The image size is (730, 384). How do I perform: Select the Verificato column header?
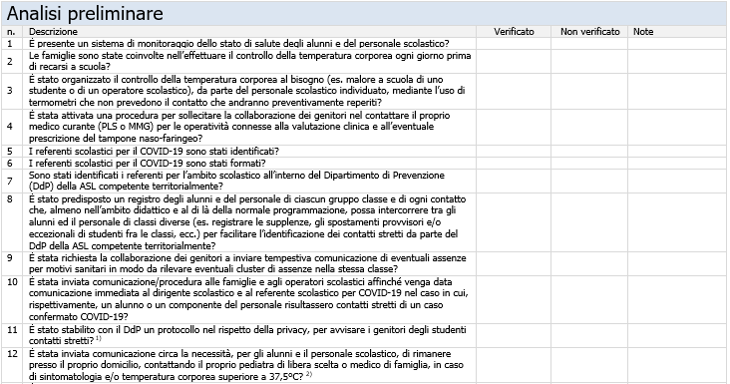tap(515, 32)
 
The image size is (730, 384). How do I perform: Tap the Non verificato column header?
tap(588, 32)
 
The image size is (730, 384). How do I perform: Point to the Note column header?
tap(643, 32)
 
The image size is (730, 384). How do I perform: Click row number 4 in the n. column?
tap(10, 127)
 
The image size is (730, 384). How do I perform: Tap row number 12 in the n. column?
tap(11, 353)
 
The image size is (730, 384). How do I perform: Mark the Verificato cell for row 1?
tap(515, 44)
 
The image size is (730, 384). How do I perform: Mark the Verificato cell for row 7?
tap(515, 181)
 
